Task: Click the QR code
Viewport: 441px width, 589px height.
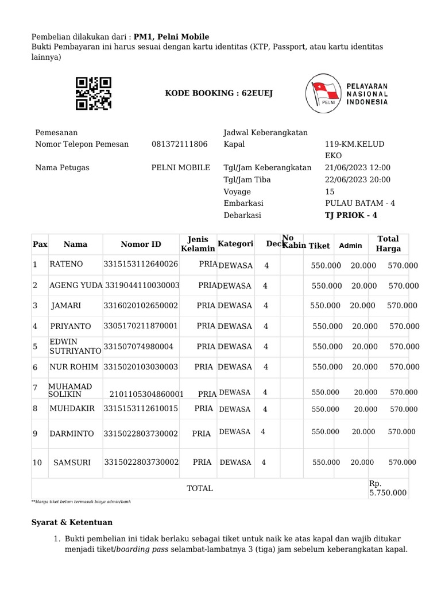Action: click(94, 93)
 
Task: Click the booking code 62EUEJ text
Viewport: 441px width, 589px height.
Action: click(219, 93)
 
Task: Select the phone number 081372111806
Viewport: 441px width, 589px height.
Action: click(179, 144)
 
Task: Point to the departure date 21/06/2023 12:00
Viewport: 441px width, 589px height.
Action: click(357, 167)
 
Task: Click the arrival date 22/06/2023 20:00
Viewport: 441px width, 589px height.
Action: click(357, 179)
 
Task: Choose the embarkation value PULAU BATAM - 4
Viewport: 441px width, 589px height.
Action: click(359, 203)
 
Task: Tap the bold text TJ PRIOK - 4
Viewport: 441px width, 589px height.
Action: click(351, 215)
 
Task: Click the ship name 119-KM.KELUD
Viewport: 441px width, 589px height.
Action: click(354, 144)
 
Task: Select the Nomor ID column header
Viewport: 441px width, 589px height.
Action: click(141, 244)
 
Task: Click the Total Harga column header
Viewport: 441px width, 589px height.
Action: click(388, 244)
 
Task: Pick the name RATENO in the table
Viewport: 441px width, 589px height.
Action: click(66, 265)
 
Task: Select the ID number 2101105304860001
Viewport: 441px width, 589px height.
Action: click(146, 394)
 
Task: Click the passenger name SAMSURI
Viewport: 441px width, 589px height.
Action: click(72, 462)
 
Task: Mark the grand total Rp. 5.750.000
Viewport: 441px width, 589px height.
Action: click(388, 488)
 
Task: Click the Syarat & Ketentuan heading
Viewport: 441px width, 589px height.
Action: click(71, 522)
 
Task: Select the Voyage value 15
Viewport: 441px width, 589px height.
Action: click(330, 192)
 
